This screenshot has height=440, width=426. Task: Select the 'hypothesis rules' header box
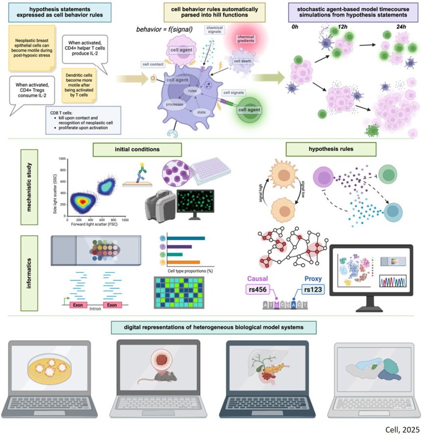(x=331, y=149)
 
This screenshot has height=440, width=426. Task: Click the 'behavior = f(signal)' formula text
(x=164, y=30)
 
